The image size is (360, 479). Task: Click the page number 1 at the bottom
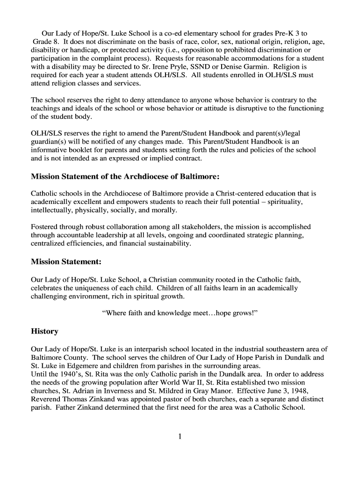point(180,437)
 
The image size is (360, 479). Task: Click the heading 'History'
point(44,331)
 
